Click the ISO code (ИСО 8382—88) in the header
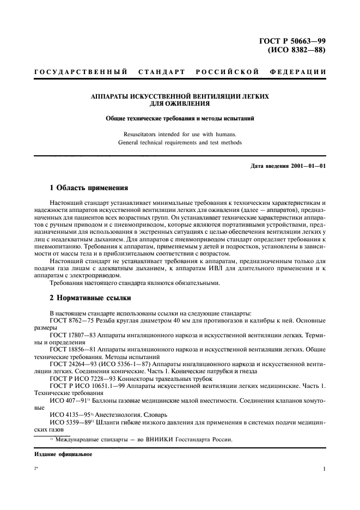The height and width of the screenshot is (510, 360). pyautogui.click(x=298, y=51)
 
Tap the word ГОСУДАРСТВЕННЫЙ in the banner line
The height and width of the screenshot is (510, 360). pyautogui.click(x=81, y=72)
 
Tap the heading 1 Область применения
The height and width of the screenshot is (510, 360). pyautogui.click(x=88, y=187)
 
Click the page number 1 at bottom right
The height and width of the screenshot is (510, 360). pyautogui.click(x=324, y=469)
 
